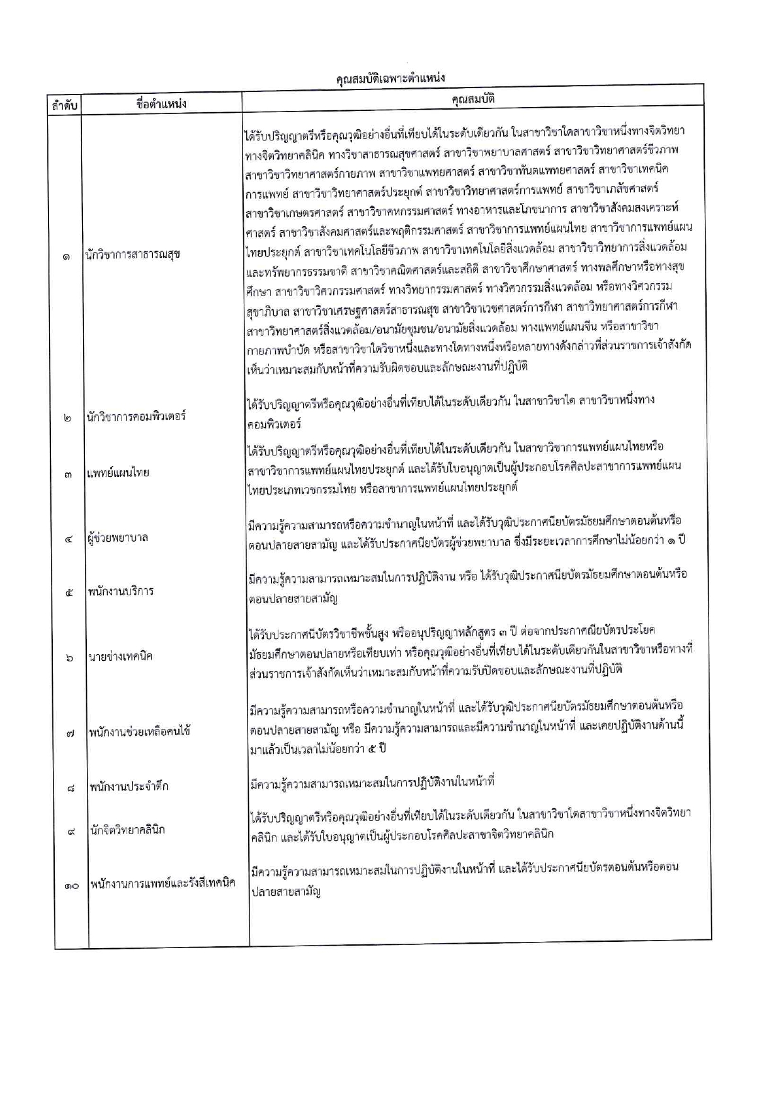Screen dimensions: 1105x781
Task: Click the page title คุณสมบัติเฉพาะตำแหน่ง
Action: click(390, 78)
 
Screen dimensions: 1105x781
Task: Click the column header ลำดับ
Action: click(64, 105)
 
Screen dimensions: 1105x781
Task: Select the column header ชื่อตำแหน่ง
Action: click(161, 104)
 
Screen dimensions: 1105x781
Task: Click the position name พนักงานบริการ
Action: click(121, 591)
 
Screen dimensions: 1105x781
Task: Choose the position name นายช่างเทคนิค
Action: click(120, 656)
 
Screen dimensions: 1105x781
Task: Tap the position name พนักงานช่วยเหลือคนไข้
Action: click(139, 731)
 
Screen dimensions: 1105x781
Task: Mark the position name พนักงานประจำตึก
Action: click(128, 786)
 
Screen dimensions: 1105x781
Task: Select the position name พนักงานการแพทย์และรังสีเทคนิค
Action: click(162, 883)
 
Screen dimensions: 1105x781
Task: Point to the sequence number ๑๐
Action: click(71, 885)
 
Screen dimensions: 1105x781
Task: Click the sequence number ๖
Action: click(69, 658)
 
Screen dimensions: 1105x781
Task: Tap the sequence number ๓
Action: click(67, 474)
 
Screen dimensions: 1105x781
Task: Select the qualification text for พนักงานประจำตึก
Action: click(372, 782)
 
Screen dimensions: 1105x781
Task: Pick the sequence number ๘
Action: click(70, 787)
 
